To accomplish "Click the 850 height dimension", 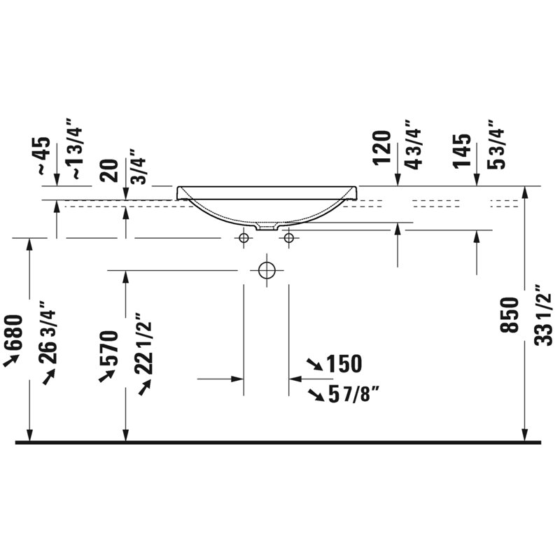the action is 509,315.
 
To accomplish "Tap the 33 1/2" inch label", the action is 543,315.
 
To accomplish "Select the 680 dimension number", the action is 13,332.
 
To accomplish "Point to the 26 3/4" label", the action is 47,332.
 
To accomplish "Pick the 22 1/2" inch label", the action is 143,344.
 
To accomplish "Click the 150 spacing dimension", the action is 344,364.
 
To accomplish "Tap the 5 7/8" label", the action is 353,395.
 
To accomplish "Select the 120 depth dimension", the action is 381,148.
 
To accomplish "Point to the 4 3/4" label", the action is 414,144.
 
